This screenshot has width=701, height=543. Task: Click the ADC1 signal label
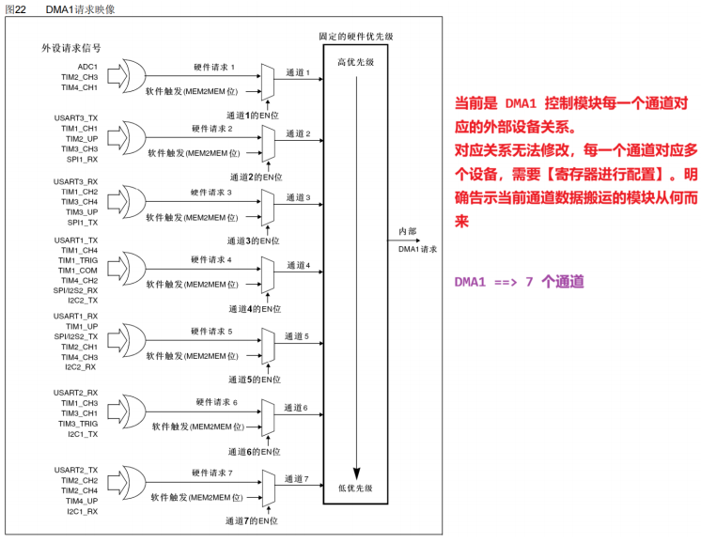click(x=87, y=67)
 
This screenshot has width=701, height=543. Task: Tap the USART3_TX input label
click(x=76, y=117)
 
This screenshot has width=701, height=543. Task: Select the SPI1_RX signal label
click(x=83, y=159)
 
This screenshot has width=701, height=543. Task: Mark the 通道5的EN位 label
click(x=256, y=380)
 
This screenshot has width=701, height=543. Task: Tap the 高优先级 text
click(x=355, y=62)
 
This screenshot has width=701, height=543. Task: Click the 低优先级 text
click(x=355, y=489)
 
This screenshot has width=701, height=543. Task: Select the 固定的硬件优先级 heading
click(x=355, y=37)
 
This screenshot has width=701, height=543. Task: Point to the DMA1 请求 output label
click(x=417, y=250)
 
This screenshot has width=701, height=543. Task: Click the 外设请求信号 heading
click(x=71, y=48)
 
